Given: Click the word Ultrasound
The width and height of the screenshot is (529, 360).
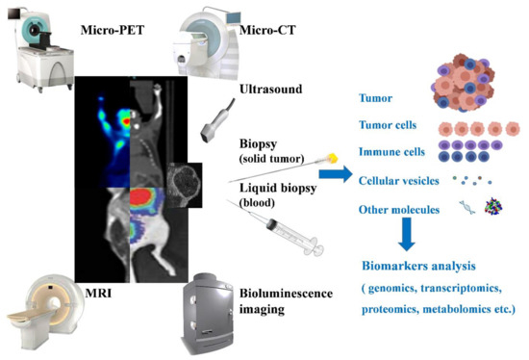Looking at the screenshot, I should pos(273,90).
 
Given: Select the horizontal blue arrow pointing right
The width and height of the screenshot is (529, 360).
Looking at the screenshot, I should pos(334,175).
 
